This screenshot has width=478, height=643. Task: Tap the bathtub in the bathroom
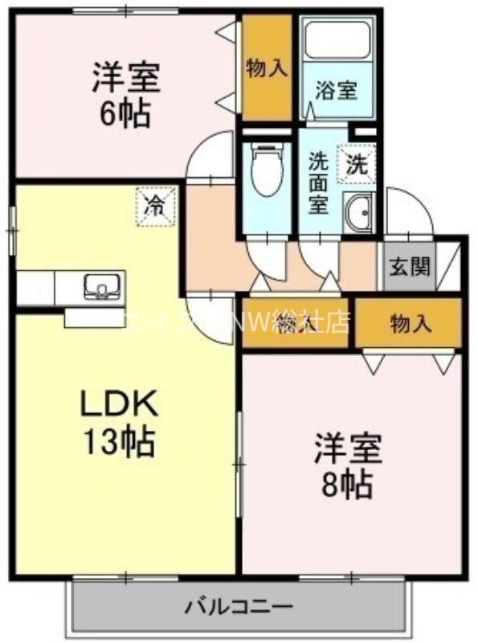coord(335,40)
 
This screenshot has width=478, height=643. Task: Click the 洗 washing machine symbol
coord(356,164)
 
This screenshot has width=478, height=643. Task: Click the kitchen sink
coord(101,285)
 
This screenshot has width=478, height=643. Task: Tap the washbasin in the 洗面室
coord(358,211)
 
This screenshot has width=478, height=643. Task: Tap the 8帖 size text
coord(347,482)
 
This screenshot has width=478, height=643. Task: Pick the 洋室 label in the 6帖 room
coord(125,78)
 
